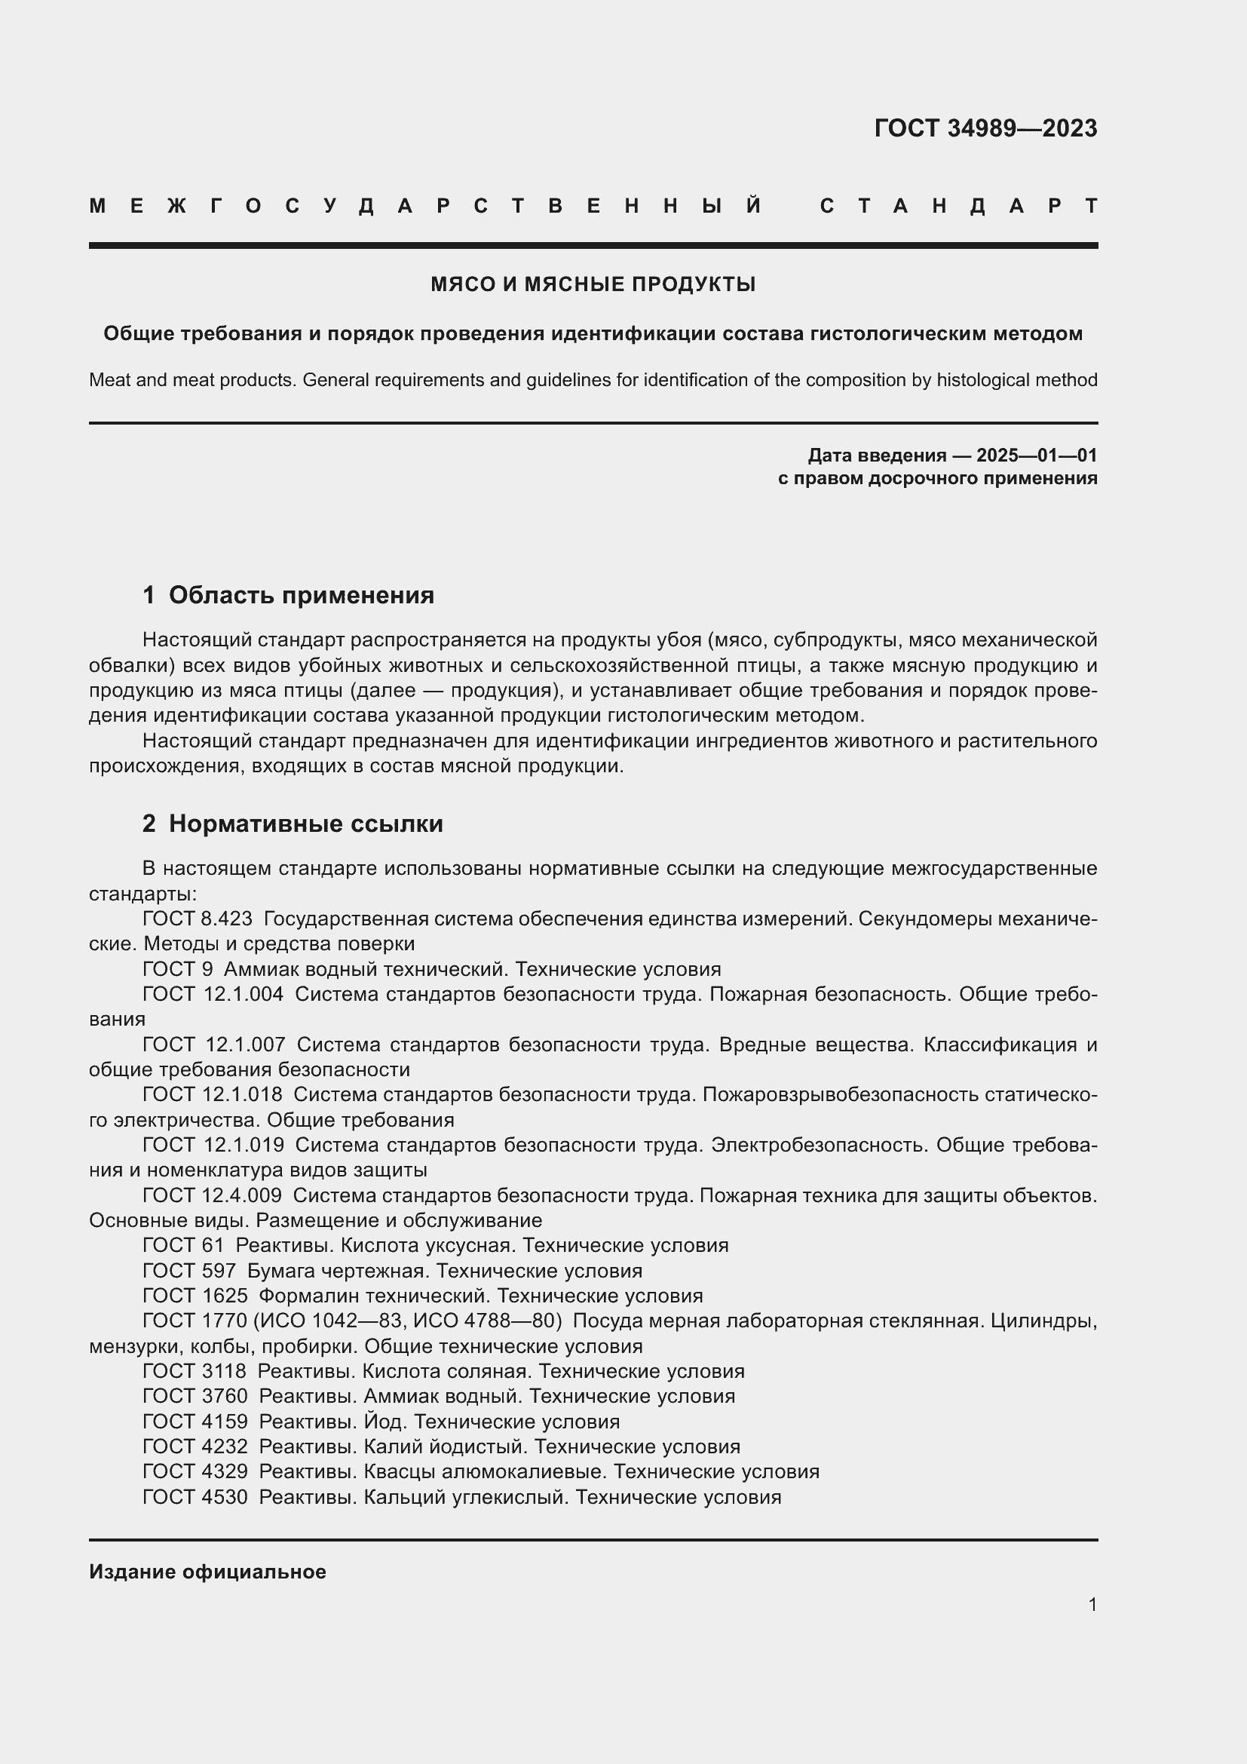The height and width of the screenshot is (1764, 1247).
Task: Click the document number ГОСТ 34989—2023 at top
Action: pos(985,128)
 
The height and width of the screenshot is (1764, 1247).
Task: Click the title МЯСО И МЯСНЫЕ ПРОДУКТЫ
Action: pos(593,285)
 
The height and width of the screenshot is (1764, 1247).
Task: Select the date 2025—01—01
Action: pos(1037,456)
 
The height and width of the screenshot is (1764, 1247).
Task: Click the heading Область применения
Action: pos(301,596)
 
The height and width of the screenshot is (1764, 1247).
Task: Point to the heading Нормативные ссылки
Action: pos(305,824)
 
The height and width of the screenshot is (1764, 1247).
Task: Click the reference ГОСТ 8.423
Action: pos(198,919)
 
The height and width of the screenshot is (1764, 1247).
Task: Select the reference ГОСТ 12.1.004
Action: pos(213,994)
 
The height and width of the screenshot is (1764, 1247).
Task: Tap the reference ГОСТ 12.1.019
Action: pos(213,1145)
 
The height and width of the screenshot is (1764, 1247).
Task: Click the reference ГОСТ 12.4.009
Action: pos(212,1195)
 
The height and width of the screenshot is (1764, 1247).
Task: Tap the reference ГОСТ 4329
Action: pos(195,1472)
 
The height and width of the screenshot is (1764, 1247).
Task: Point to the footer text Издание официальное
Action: pos(207,1572)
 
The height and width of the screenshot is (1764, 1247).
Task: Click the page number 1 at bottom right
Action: pos(1092,1604)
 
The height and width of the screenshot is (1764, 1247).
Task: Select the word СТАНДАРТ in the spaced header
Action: pos(958,207)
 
